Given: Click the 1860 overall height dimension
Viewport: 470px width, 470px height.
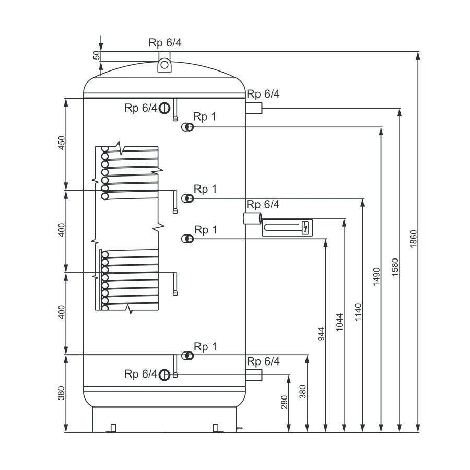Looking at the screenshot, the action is click(414, 239).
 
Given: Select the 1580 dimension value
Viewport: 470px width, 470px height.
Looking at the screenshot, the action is click(395, 267).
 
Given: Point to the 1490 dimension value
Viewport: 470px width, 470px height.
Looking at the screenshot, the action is click(377, 277).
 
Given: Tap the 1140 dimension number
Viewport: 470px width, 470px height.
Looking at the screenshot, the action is click(358, 312).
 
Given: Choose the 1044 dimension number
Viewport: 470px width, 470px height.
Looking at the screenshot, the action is click(339, 322).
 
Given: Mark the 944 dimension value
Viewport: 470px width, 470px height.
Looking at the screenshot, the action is click(321, 334).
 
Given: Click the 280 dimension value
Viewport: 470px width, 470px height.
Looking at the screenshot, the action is click(285, 402).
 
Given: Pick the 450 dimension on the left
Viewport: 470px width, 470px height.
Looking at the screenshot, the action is click(62, 143).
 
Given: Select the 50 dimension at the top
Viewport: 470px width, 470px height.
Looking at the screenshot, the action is click(97, 55).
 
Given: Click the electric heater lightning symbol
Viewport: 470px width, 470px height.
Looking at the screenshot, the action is click(305, 228).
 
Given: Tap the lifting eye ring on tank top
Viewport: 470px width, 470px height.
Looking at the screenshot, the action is click(164, 65).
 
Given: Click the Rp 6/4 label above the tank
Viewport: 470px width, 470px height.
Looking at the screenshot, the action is click(165, 43).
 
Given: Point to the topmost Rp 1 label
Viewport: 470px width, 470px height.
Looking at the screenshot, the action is click(205, 116).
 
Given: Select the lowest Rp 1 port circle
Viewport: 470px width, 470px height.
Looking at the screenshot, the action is click(187, 356).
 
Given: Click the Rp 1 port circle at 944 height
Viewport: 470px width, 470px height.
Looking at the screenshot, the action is click(187, 239).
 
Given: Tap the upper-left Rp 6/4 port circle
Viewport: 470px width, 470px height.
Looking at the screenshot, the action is click(164, 108).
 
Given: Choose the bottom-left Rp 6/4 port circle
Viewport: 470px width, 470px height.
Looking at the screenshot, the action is click(164, 375).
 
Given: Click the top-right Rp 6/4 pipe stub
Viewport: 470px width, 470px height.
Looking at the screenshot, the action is click(254, 108).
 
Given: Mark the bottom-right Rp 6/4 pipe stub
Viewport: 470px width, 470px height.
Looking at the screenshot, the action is click(254, 375).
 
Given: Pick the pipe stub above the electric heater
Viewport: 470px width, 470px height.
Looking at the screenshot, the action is click(252, 218).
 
